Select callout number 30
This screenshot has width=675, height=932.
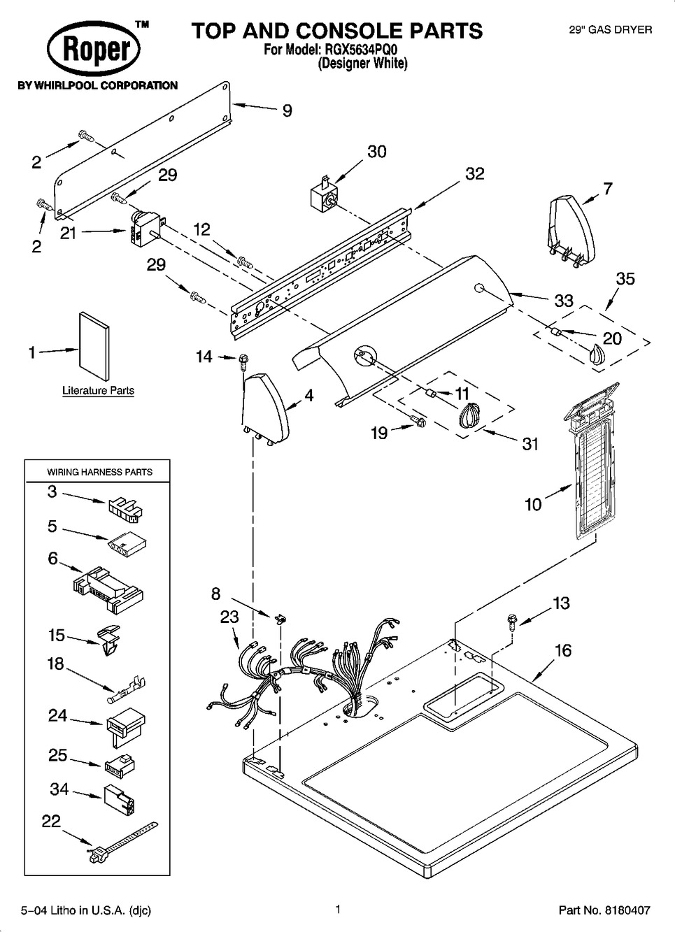coord(377,152)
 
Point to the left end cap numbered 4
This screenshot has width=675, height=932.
coord(265,408)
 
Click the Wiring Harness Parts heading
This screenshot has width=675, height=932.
coord(99,472)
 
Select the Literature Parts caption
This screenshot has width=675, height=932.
coord(98,391)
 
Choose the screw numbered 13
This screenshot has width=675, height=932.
coord(511,619)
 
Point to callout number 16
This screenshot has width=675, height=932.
coord(562,651)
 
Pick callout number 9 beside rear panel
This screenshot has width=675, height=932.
coord(287,110)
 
